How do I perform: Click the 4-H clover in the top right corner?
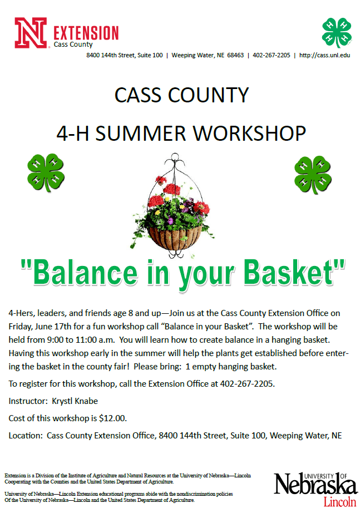coord(337,32)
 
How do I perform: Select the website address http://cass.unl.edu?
coord(324,55)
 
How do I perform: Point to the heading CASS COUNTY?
coord(181,95)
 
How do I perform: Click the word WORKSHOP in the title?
coord(245,134)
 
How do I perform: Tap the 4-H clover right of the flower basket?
coord(313,174)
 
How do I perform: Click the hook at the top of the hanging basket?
coord(180,162)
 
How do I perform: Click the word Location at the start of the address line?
coord(26,435)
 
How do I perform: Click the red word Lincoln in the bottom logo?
coord(339,501)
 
